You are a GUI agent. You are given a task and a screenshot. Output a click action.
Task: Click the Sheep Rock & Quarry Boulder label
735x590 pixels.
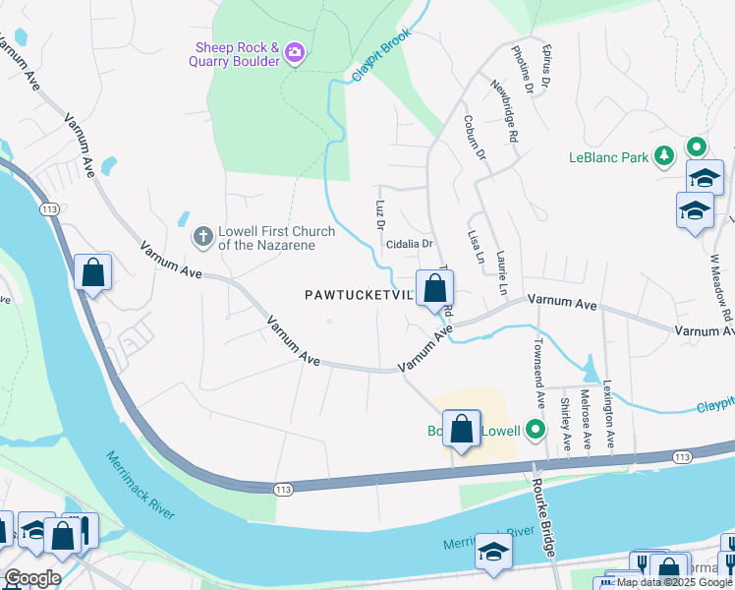[x=237, y=53]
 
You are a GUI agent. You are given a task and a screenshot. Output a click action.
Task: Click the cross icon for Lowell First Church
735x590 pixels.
[x=202, y=236]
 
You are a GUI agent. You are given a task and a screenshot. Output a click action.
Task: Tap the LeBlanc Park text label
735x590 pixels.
[x=608, y=156]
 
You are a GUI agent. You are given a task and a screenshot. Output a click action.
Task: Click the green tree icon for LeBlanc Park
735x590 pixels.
[x=665, y=155]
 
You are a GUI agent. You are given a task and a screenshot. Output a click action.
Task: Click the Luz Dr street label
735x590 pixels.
[x=379, y=215]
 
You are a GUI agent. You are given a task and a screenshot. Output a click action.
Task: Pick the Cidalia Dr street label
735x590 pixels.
[x=409, y=243]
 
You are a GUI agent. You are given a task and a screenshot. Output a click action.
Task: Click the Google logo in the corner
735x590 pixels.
[x=32, y=578]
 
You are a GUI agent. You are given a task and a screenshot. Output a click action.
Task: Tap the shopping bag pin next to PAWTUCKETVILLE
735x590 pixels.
[x=434, y=289]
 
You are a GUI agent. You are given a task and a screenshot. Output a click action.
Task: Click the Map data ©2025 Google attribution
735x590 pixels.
[x=674, y=582]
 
